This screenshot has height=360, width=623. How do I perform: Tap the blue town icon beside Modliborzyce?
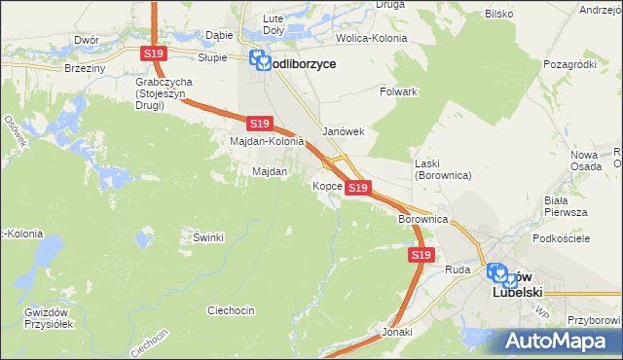[x=260, y=61]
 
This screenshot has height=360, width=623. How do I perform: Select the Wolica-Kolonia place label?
[x=371, y=38]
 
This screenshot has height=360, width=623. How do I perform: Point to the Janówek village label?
[x=343, y=131]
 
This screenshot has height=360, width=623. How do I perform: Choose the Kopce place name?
[x=326, y=185]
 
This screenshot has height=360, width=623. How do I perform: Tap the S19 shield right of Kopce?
[x=358, y=187]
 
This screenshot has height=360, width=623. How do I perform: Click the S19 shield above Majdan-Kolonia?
[x=258, y=124]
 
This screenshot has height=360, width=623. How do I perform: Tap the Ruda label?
[x=458, y=269]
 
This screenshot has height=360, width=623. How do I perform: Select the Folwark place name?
[x=398, y=91]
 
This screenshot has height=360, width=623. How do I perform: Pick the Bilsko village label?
[x=498, y=16]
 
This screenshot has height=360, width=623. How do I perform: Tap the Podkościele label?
[x=564, y=237]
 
